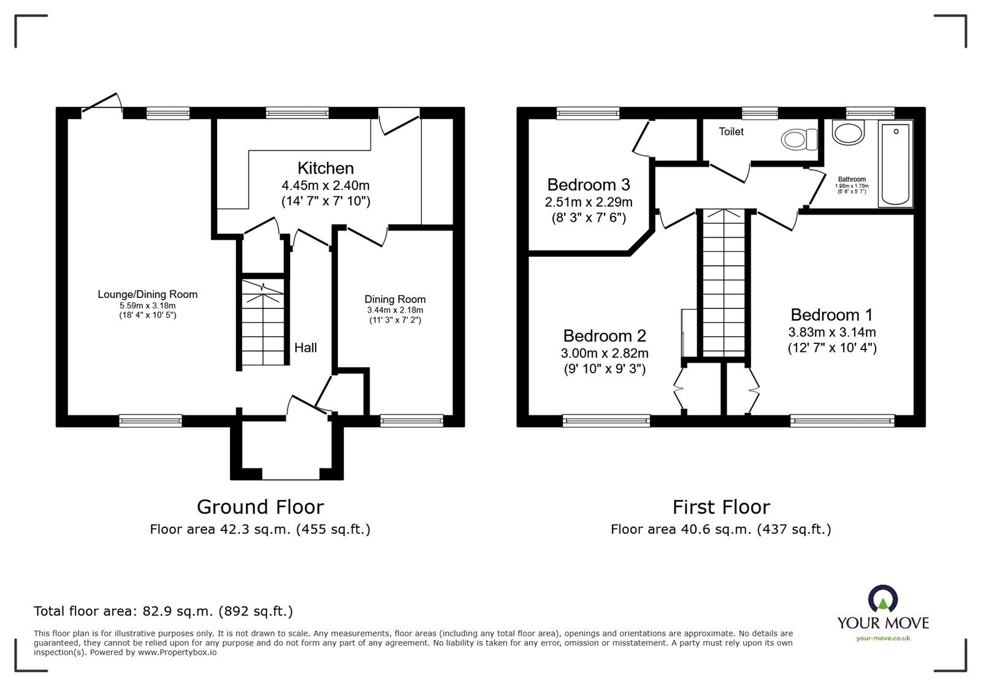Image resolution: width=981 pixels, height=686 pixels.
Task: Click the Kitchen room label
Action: (x=326, y=168)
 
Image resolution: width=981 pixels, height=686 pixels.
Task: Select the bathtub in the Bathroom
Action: (x=896, y=162)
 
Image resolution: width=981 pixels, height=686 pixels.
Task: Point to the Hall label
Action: (x=305, y=348)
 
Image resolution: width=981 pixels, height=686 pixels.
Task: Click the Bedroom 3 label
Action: (x=589, y=185)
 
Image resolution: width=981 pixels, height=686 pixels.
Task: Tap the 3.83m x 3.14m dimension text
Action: (x=831, y=332)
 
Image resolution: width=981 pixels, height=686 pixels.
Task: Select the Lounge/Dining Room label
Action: (x=148, y=294)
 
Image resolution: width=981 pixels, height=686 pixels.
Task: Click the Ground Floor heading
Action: (x=260, y=507)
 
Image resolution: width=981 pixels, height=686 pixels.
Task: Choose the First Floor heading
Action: (x=720, y=507)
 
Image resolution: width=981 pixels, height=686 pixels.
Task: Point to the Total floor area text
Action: (x=163, y=611)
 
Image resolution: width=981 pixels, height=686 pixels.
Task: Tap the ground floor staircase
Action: (x=263, y=324)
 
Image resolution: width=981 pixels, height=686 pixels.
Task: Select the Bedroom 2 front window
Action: (x=606, y=421)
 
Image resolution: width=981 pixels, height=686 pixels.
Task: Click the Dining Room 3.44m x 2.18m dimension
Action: (x=395, y=310)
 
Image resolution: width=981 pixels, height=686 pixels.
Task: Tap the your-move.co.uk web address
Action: (x=883, y=638)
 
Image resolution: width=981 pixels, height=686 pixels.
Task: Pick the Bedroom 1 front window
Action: (x=842, y=421)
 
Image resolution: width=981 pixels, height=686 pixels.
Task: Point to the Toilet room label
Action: (x=731, y=132)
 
